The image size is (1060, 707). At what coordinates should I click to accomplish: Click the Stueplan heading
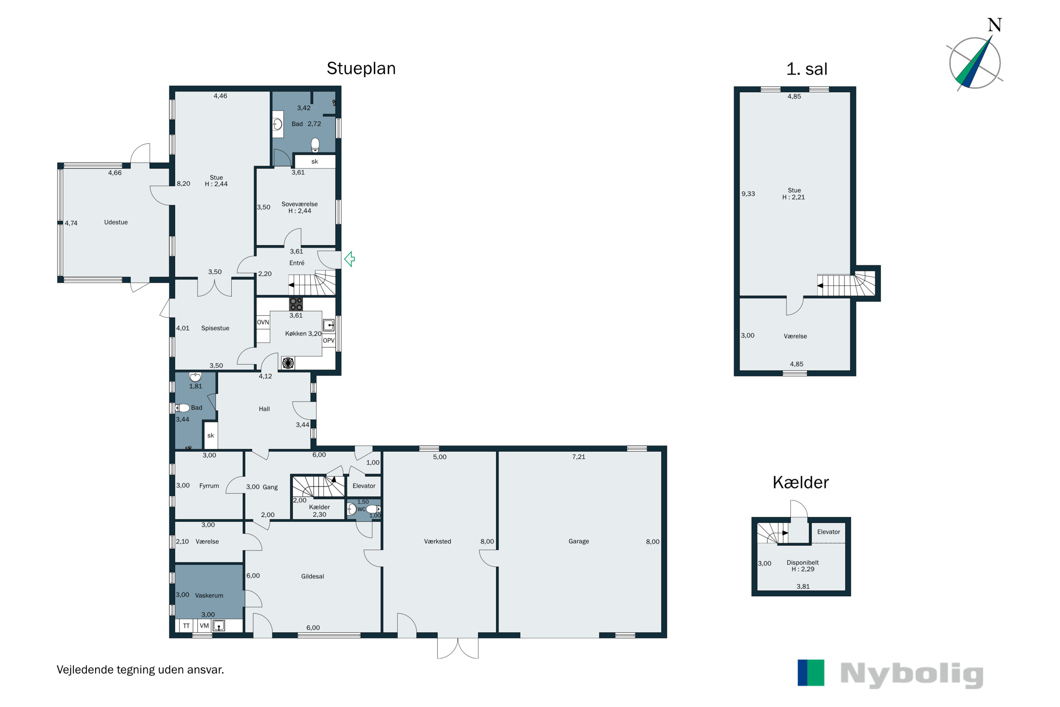(361, 69)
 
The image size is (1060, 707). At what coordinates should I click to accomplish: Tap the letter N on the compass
(995, 25)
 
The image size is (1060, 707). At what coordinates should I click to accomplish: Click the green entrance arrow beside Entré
(349, 259)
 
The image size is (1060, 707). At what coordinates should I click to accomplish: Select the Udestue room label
(116, 222)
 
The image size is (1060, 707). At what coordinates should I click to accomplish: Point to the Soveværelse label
(299, 204)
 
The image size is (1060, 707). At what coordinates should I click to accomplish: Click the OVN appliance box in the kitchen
(263, 322)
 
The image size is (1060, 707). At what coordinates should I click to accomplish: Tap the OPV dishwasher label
(329, 340)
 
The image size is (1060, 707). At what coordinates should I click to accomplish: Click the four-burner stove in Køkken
(296, 304)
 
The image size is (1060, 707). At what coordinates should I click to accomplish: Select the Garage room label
(579, 541)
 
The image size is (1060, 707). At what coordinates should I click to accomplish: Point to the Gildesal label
(312, 576)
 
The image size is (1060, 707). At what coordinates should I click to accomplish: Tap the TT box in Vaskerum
(186, 626)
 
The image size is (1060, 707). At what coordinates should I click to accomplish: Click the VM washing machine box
(204, 626)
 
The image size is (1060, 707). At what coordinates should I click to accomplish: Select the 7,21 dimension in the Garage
(579, 457)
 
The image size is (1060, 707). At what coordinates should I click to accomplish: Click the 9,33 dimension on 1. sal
(748, 194)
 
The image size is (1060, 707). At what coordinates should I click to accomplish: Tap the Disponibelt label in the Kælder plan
(803, 562)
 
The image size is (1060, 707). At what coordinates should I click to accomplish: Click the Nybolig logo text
(912, 674)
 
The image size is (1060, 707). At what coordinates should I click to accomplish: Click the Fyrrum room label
(209, 486)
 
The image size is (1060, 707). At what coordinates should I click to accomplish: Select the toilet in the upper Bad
(316, 145)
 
